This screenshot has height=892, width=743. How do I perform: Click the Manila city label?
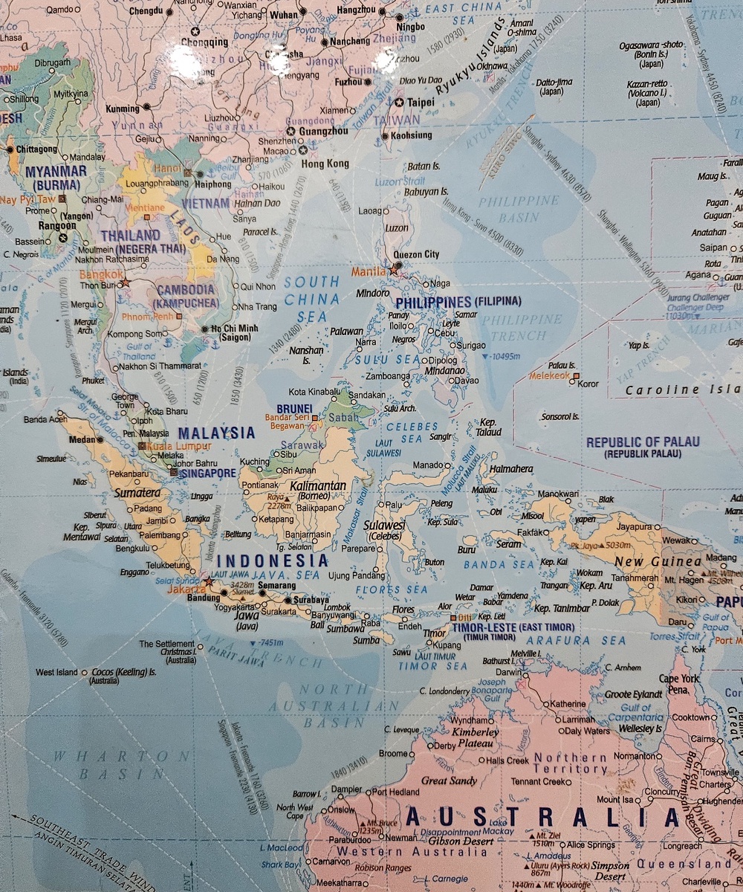tap(369, 271)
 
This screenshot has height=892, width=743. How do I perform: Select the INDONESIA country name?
tap(276, 560)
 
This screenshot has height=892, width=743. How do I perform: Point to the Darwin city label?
tap(509, 672)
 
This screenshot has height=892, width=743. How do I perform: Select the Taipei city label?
tap(422, 102)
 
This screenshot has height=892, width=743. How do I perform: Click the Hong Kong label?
tap(325, 164)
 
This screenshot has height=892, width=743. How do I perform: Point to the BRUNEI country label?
tap(294, 409)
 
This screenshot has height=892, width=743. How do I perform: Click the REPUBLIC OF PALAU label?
tap(643, 442)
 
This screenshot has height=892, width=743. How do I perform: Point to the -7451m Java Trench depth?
tap(268, 643)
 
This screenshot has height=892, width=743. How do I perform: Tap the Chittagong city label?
tap(31, 149)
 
